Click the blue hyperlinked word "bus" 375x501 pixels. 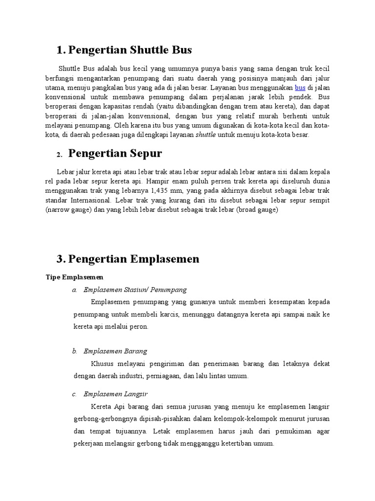[x=300, y=88]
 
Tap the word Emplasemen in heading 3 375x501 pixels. [x=167, y=259]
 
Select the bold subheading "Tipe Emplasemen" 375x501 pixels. [x=71, y=277]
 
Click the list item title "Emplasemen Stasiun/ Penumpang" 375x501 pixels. [x=135, y=290]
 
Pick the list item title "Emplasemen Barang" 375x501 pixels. [x=115, y=351]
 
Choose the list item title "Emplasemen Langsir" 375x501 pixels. [x=116, y=394]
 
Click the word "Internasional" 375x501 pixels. [x=95, y=200]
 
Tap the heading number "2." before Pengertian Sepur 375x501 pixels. [x=59, y=155]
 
